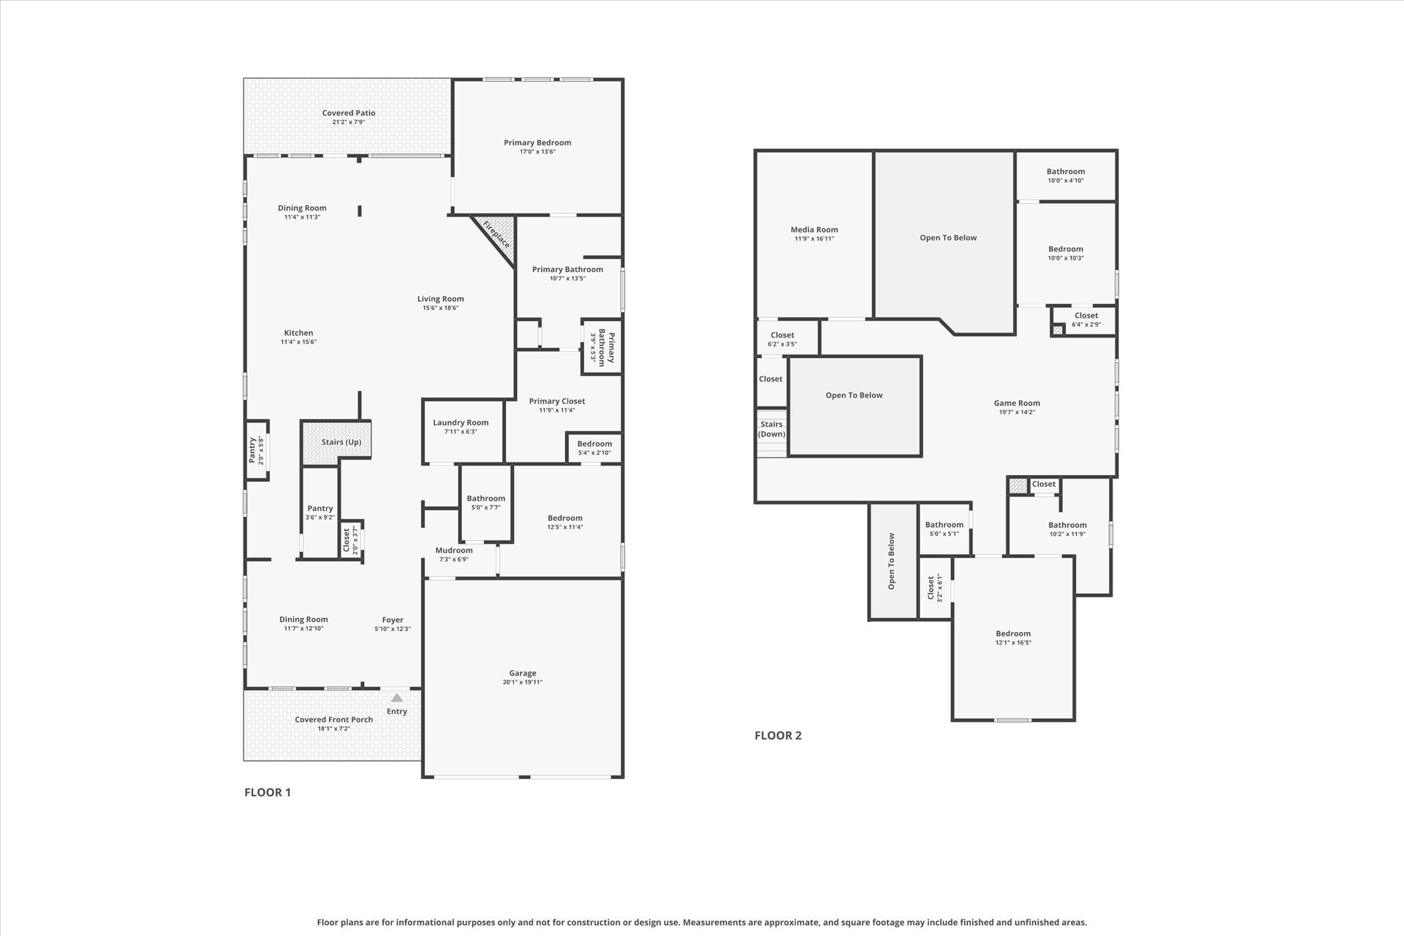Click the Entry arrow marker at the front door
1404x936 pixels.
coord(397,697)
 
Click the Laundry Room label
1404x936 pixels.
coord(461,422)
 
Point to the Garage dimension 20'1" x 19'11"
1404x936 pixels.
coord(522,682)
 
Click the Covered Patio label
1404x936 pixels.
coord(349,113)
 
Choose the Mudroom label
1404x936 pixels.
coord(454,550)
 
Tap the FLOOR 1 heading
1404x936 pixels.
coord(267,792)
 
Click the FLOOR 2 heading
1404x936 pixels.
coord(778,735)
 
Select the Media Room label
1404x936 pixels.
coord(814,230)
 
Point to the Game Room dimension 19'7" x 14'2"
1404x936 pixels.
coord(1017,412)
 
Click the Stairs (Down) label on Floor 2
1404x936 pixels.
coord(771,429)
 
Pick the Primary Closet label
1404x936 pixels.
coord(557,401)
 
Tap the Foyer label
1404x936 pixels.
coord(393,620)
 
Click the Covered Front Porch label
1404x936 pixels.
coord(334,719)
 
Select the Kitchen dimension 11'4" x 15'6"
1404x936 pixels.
coord(299,342)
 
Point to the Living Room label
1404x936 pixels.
coord(441,299)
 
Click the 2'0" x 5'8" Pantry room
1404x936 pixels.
coord(257,451)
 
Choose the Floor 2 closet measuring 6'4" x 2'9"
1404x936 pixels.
coord(1084,321)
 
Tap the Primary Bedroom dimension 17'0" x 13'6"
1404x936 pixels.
coord(537,152)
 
